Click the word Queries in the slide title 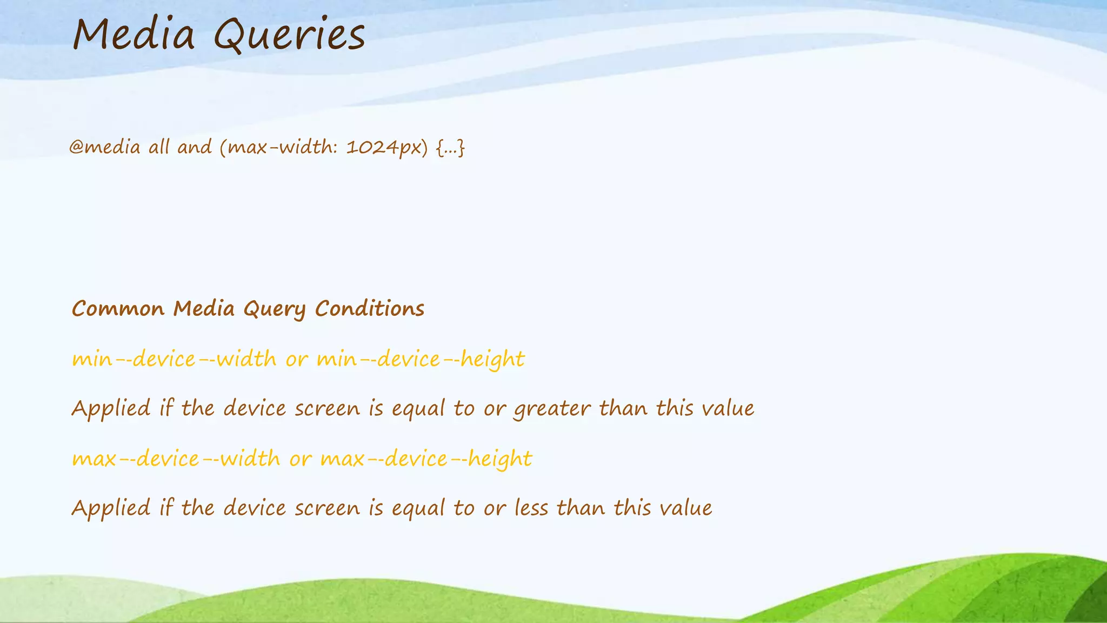pyautogui.click(x=290, y=36)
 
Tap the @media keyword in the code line pyautogui.click(x=105, y=147)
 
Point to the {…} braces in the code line pyautogui.click(x=450, y=147)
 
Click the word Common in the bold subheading pyautogui.click(x=118, y=309)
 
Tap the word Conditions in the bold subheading pyautogui.click(x=370, y=309)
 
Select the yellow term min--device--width pyautogui.click(x=174, y=359)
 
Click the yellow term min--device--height pyautogui.click(x=421, y=359)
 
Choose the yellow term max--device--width pyautogui.click(x=176, y=459)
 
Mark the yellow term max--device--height pyautogui.click(x=426, y=459)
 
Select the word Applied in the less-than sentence pyautogui.click(x=111, y=509)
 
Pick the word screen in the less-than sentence pyautogui.click(x=327, y=509)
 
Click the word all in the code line pyautogui.click(x=159, y=147)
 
